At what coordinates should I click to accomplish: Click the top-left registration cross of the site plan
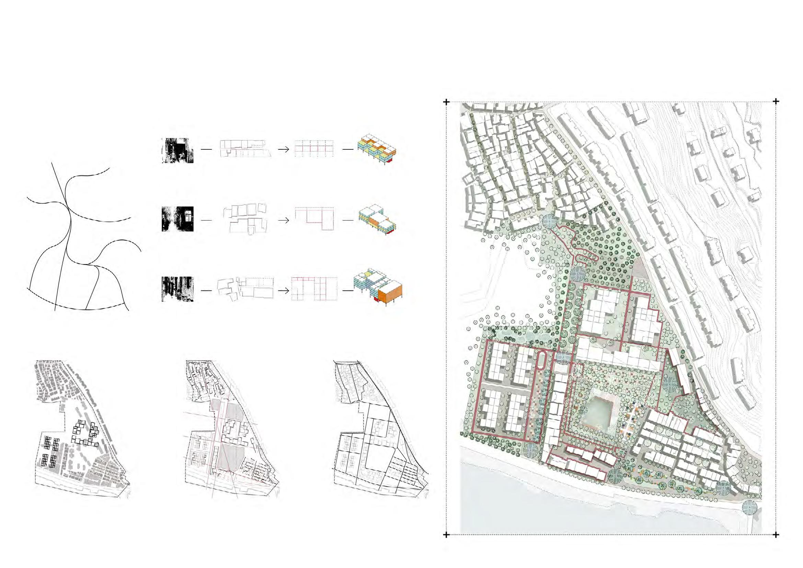446,102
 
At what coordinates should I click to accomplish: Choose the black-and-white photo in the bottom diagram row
177,289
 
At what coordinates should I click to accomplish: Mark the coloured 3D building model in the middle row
377,219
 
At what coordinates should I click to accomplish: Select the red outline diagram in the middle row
314,219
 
